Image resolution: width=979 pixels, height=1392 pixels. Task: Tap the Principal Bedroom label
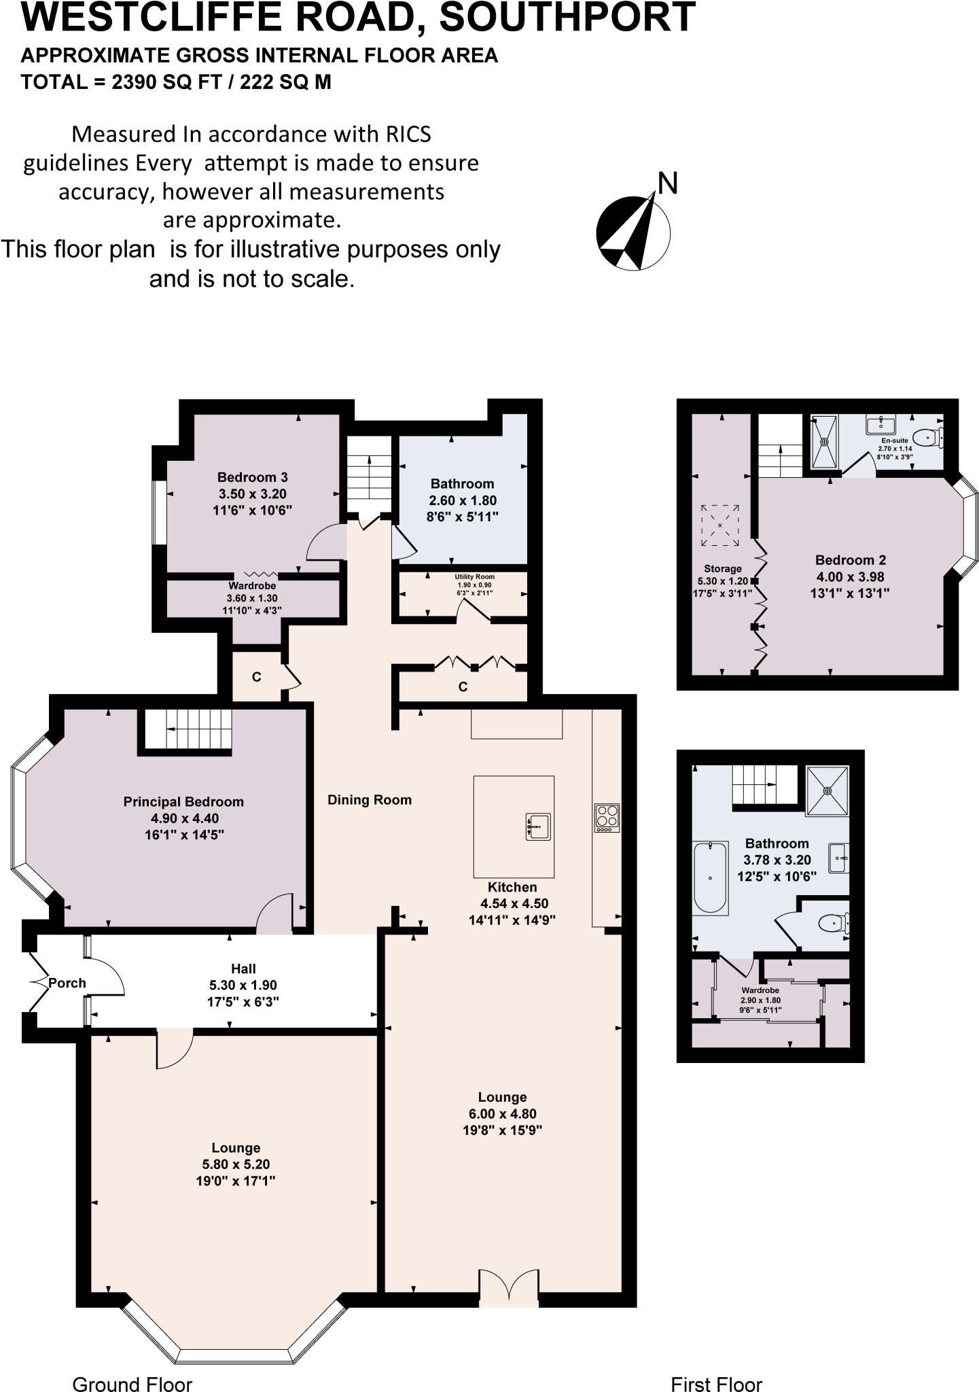coord(183,802)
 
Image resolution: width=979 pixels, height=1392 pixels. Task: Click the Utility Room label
coord(475,577)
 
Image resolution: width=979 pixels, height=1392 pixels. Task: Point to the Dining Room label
coord(370,800)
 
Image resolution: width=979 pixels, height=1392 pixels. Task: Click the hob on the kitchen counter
coord(607,818)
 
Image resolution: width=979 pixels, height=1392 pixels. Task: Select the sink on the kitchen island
coord(538,826)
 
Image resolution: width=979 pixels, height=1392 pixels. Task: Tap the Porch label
coord(67,983)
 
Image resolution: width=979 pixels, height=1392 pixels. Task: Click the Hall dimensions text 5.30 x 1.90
coord(243,985)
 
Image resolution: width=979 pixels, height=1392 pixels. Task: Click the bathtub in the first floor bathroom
coord(710,877)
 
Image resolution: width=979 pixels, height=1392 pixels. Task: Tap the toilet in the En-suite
coord(928,437)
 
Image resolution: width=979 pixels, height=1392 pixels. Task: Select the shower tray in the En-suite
coord(825,441)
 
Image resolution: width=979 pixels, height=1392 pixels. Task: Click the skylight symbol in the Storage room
coord(720,525)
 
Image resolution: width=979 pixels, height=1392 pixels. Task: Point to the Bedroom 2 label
coord(851,560)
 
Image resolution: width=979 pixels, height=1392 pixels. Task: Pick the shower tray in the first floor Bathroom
coord(827,790)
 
